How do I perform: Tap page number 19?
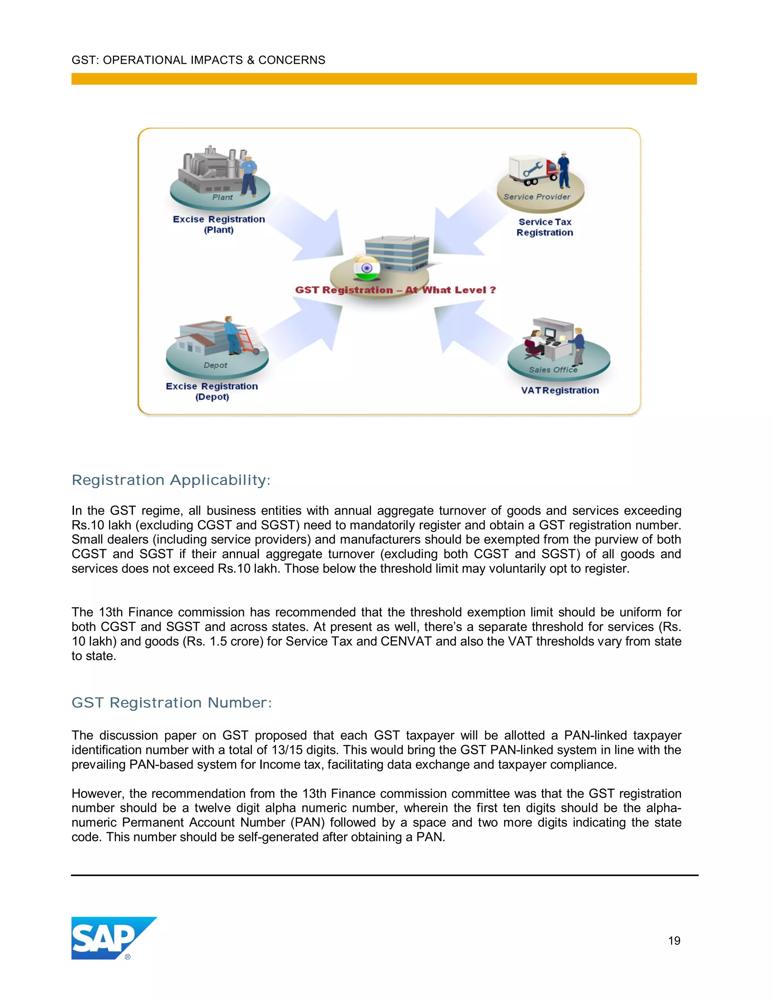674,941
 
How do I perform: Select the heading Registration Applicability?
171,480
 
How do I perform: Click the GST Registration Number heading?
171,703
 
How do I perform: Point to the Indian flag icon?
366,269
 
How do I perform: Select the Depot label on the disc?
215,365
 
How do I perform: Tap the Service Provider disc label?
537,197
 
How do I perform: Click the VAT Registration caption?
560,391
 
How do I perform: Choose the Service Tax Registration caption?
545,227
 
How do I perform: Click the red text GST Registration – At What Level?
395,290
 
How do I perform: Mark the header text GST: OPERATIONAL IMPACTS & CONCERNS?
198,60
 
